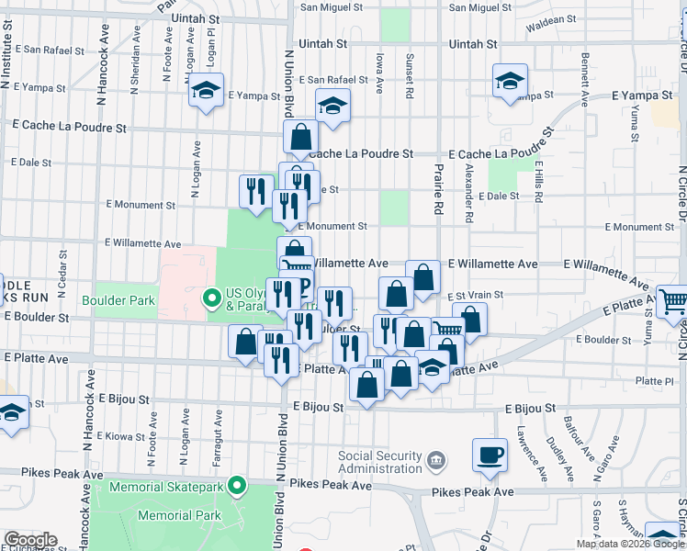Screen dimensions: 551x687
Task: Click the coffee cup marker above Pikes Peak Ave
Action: point(490,454)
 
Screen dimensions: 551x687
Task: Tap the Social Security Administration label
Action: point(379,463)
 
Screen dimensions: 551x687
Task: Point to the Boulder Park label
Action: point(118,300)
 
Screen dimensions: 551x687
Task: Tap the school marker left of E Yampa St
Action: point(207,92)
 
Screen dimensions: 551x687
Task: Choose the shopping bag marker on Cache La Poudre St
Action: point(301,139)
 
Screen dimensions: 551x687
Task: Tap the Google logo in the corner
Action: point(30,540)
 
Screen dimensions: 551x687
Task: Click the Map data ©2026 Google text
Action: point(630,544)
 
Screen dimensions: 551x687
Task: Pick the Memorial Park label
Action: point(179,515)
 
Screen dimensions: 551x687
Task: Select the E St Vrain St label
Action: point(470,296)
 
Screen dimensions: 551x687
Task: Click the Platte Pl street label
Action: point(654,380)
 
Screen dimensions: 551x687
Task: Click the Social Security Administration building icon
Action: point(435,457)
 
